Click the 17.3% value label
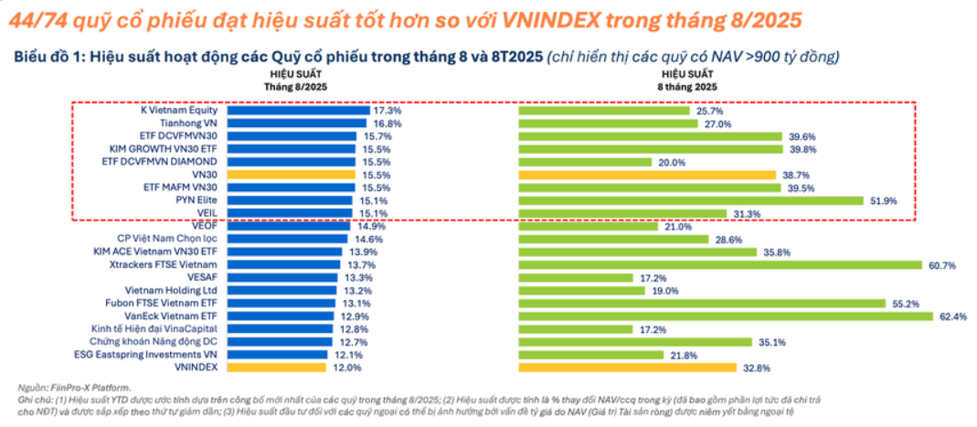pyautogui.click(x=387, y=110)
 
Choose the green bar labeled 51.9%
pyautogui.click(x=690, y=199)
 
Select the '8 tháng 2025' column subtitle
pyautogui.click(x=687, y=85)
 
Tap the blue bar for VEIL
pyautogui.click(x=289, y=212)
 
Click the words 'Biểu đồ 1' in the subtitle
pyautogui.click(x=46, y=57)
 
